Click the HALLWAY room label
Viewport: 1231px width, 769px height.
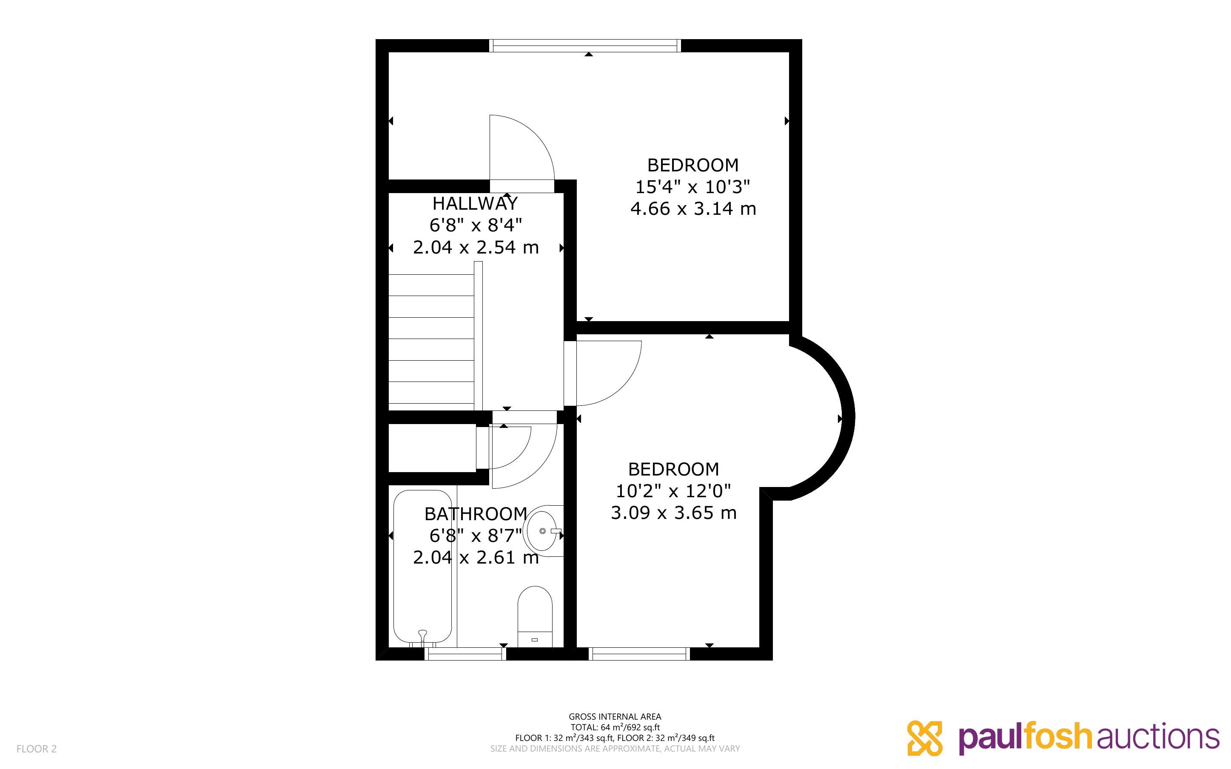[475, 203]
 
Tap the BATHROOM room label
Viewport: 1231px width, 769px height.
[476, 514]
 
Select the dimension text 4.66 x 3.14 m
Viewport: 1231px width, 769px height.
[693, 208]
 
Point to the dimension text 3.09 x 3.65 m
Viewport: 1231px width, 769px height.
[673, 513]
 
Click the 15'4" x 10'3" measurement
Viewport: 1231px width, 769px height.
[692, 187]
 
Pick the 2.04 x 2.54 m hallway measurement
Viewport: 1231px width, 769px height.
[476, 247]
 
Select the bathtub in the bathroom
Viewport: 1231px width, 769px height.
[422, 566]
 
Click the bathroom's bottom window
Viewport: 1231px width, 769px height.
[465, 654]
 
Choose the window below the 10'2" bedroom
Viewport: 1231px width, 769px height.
[639, 654]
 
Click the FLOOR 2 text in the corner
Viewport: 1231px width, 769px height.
[37, 749]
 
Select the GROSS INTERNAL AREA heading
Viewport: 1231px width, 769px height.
[615, 717]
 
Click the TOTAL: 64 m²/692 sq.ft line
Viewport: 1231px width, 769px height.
[615, 727]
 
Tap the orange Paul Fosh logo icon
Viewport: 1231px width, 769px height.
[924, 738]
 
